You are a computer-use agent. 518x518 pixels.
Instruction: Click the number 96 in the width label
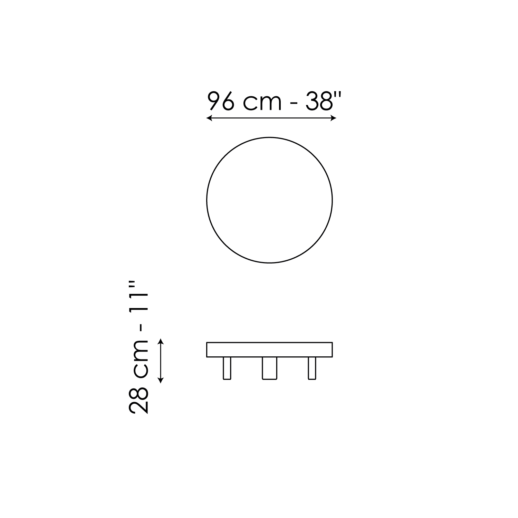coord(221,101)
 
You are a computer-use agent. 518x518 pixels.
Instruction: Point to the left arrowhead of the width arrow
coord(209,118)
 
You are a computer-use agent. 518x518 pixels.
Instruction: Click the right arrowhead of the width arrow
coord(334,118)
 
